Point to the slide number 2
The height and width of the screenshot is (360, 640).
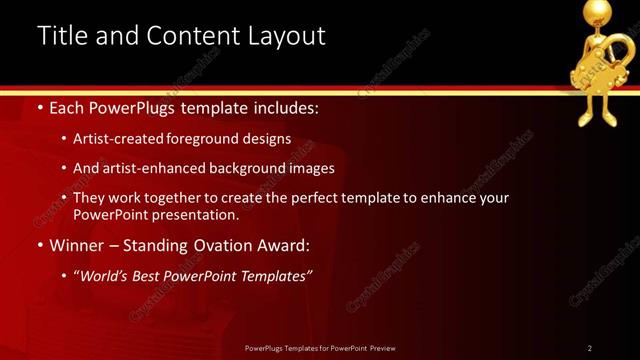590,348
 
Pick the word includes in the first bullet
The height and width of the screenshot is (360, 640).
281,107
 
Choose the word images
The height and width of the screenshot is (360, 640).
309,168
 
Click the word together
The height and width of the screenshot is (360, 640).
187,198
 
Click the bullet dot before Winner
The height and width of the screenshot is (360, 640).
39,245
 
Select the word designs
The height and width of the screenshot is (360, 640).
269,139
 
